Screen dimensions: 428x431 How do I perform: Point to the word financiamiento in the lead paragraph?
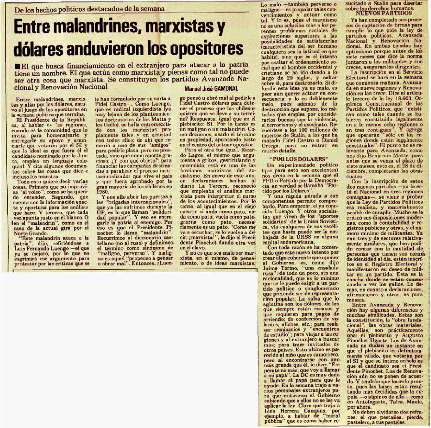click(x=88, y=66)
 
